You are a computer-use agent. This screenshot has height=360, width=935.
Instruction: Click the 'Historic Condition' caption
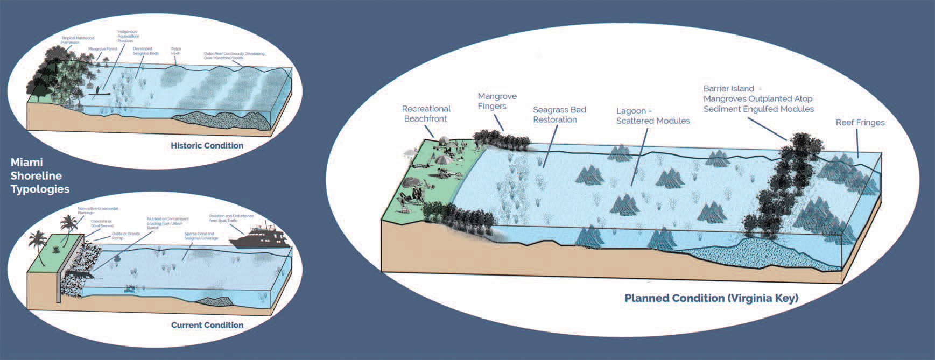tap(207, 145)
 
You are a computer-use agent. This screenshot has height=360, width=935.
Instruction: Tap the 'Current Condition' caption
tap(207, 325)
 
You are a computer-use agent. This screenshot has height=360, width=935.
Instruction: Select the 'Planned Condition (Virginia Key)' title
tap(711, 298)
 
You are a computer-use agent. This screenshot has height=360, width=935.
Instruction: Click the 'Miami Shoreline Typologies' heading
tap(39, 175)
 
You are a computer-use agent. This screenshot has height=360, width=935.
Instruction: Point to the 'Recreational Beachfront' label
tap(426, 114)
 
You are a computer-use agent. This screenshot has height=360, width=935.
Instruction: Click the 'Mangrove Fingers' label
tap(497, 101)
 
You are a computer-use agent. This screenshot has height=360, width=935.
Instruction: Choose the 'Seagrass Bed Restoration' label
tap(559, 115)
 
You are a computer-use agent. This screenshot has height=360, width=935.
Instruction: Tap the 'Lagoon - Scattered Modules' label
tap(652, 116)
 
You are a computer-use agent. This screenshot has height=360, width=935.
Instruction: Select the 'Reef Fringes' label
tap(860, 123)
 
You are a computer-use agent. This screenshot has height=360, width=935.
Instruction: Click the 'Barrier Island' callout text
tap(758, 98)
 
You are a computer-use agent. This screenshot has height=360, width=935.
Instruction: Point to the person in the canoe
tap(97, 90)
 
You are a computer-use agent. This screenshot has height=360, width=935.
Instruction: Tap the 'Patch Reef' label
tap(175, 51)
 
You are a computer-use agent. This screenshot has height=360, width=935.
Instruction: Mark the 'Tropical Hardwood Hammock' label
tap(78, 40)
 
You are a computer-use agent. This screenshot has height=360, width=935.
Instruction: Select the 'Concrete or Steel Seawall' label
tap(101, 223)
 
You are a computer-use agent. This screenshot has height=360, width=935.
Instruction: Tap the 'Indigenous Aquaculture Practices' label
tap(128, 36)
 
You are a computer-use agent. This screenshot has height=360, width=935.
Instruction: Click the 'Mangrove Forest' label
tap(102, 49)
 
